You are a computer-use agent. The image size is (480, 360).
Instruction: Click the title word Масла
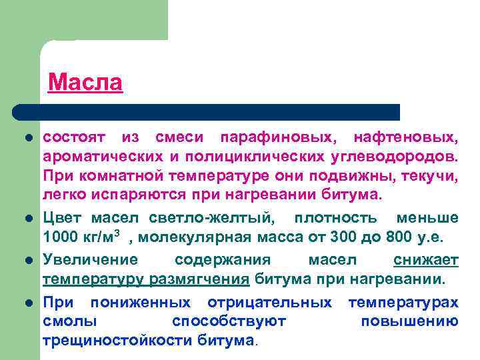pos(85,83)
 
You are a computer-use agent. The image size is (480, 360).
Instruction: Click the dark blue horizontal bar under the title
pos(207,111)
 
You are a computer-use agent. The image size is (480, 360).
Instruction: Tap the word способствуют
pos(229,321)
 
